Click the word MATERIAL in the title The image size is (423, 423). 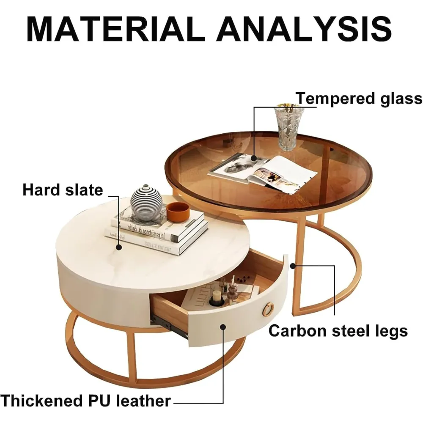pyautogui.click(x=114, y=29)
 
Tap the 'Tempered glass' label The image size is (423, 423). pyautogui.click(x=359, y=99)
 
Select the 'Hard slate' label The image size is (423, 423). pyautogui.click(x=63, y=190)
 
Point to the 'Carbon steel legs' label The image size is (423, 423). pyautogui.click(x=338, y=331)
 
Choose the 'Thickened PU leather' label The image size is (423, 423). pyautogui.click(x=85, y=401)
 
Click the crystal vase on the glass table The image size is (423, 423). pyautogui.click(x=289, y=127)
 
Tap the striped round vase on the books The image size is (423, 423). pyautogui.click(x=146, y=202)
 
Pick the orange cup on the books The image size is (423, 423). pyautogui.click(x=178, y=211)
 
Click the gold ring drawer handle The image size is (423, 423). pyautogui.click(x=268, y=310)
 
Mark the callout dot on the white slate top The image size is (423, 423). pyautogui.click(x=119, y=247)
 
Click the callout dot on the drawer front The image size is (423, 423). pyautogui.click(x=223, y=327)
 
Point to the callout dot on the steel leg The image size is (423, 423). pyautogui.click(x=293, y=266)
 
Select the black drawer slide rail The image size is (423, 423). pyautogui.click(x=169, y=326)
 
